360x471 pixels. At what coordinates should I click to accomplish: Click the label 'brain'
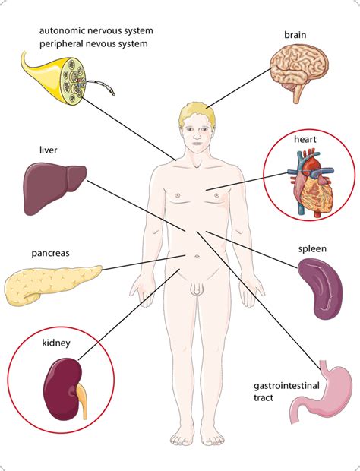tap(295, 35)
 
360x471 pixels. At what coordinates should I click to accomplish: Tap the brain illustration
tap(299, 73)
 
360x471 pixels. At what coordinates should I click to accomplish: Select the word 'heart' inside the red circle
tap(305, 139)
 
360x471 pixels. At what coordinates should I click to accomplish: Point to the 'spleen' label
tap(312, 249)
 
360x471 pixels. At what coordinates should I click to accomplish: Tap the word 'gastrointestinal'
tap(286, 385)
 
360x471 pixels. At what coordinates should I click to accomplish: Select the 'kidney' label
tap(56, 343)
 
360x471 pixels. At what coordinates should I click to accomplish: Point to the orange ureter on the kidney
tap(82, 399)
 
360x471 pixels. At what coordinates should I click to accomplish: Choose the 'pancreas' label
tap(50, 253)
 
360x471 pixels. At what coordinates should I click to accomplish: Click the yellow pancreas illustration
tap(52, 284)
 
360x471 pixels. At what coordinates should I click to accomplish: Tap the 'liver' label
tap(49, 150)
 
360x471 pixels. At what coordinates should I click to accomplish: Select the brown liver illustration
tap(55, 190)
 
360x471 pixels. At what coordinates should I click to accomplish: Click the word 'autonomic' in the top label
tap(60, 30)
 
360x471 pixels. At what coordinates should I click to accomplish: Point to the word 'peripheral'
tap(62, 44)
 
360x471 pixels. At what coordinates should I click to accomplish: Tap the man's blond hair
tap(198, 112)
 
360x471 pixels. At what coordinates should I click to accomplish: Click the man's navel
tap(197, 256)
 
